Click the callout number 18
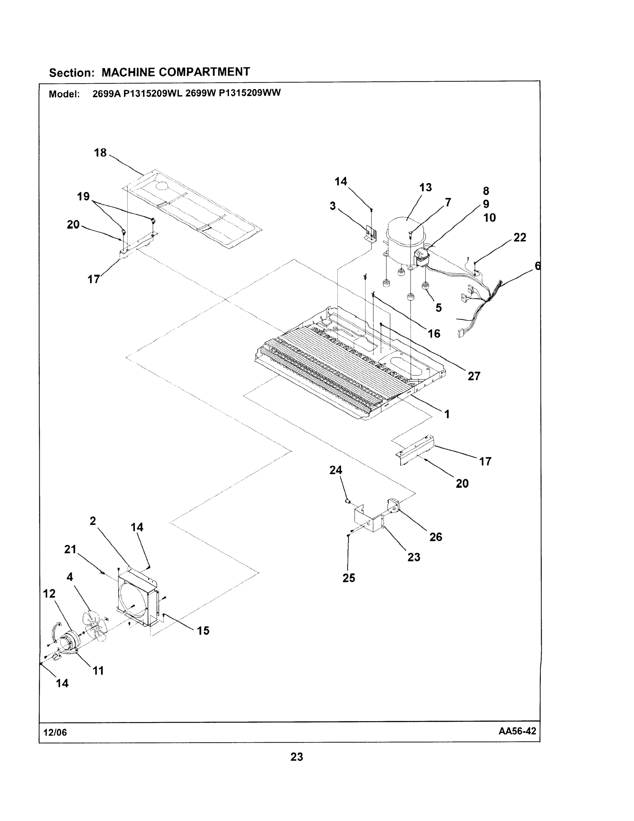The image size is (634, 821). pyautogui.click(x=100, y=153)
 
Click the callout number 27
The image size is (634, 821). pyautogui.click(x=474, y=376)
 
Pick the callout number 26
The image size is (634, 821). pyautogui.click(x=436, y=537)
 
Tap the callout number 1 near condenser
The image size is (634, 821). pyautogui.click(x=447, y=414)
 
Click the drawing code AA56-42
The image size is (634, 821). pyautogui.click(x=517, y=731)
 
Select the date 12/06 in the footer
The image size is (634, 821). pyautogui.click(x=55, y=733)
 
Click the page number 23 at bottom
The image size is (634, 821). pyautogui.click(x=297, y=757)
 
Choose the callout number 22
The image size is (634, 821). pyautogui.click(x=520, y=238)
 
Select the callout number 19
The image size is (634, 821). pyautogui.click(x=83, y=197)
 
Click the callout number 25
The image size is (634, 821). pyautogui.click(x=349, y=578)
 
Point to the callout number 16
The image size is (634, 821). pyautogui.click(x=434, y=334)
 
